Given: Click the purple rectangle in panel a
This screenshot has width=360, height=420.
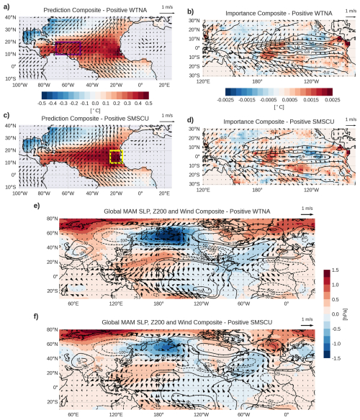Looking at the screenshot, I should pos(68,49).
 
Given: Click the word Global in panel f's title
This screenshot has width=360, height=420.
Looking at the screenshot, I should pos(101,319).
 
